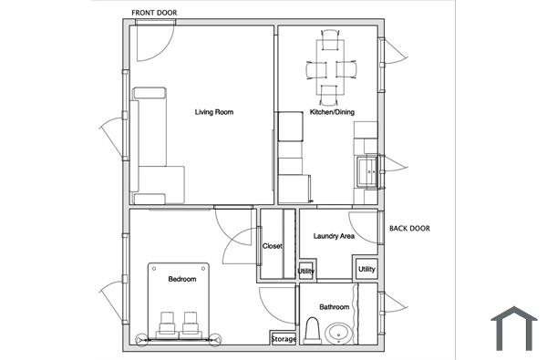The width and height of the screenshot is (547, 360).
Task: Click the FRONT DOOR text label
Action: [x=155, y=13]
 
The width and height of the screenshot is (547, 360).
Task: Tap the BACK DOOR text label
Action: [x=409, y=229]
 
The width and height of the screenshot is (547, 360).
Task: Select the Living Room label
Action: [x=214, y=112]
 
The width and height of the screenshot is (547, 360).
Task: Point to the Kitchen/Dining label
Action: [x=332, y=112]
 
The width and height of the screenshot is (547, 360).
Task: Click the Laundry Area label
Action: [x=334, y=236]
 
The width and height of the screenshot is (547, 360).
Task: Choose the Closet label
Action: [x=273, y=246]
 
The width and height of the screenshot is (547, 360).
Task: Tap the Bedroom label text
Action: [x=181, y=279]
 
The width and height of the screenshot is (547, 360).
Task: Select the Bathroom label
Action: [x=334, y=306]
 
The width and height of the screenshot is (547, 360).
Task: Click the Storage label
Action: [x=284, y=340]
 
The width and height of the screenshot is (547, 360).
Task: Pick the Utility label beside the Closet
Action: [x=306, y=272]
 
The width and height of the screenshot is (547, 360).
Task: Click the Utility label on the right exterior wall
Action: [x=366, y=269]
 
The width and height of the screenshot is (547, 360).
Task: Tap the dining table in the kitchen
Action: [x=330, y=67]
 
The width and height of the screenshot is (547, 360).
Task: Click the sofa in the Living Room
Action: [x=148, y=146]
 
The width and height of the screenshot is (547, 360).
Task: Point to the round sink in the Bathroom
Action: [x=338, y=334]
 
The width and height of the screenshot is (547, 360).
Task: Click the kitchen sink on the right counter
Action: [x=367, y=170]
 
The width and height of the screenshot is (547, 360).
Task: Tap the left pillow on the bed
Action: [x=168, y=323]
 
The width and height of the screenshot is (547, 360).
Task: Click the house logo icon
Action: [x=514, y=328]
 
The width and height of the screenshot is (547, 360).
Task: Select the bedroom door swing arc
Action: [x=239, y=239]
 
